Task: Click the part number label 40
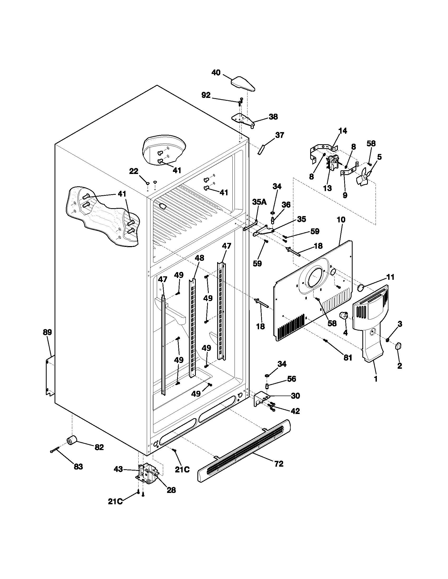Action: [x=216, y=72]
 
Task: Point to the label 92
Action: [x=206, y=95]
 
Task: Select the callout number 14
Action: [x=343, y=131]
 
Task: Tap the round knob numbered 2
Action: [x=398, y=346]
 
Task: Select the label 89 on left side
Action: [x=47, y=332]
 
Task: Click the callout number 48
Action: [x=199, y=258]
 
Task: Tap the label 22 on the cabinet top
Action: [x=134, y=172]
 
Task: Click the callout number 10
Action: [x=341, y=219]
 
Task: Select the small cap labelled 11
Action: [x=361, y=287]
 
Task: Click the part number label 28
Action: [x=171, y=490]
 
